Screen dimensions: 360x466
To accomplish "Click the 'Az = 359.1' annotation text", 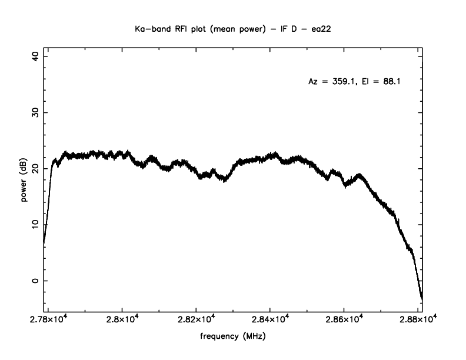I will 329,82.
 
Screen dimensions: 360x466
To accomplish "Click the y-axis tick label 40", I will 35,56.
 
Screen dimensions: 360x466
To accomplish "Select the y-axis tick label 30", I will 35,112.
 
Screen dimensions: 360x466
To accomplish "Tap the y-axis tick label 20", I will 35,168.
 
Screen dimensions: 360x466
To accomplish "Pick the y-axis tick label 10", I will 35,224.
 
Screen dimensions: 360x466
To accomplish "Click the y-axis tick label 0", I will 35,281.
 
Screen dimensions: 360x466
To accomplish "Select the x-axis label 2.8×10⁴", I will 122,319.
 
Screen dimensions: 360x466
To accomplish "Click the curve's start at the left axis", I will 44,242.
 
